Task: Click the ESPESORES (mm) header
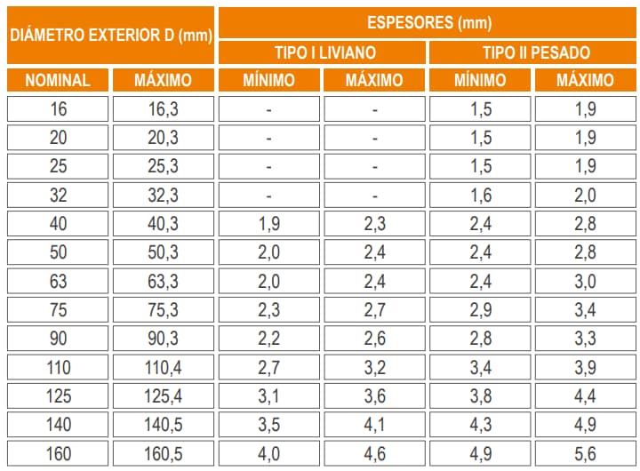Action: [428, 22]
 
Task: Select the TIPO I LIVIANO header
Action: [323, 52]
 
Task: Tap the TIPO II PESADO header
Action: [535, 52]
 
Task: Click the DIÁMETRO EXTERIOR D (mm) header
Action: [110, 36]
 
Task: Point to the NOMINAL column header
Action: [58, 80]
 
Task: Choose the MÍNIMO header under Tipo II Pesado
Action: [481, 80]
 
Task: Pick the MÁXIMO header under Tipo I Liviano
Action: [374, 80]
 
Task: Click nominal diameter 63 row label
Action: [58, 282]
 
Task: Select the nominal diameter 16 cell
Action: [58, 110]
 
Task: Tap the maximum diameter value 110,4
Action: [163, 368]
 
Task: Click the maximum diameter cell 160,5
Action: [163, 454]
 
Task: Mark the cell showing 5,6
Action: [585, 454]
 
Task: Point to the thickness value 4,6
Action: [374, 454]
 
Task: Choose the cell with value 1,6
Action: [481, 196]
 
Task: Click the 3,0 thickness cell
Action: [585, 282]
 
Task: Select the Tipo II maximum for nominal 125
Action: [585, 396]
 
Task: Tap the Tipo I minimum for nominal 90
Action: [268, 339]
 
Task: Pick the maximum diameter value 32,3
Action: [163, 196]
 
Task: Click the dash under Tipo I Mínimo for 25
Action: [268, 167]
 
